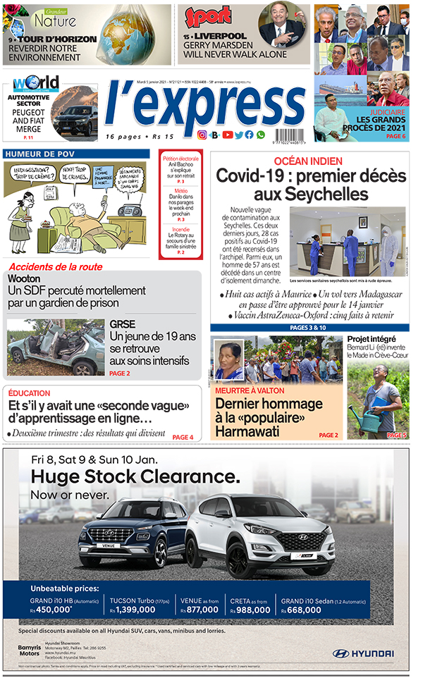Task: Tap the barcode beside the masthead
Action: (x=294, y=135)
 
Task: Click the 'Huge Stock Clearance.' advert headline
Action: (x=135, y=477)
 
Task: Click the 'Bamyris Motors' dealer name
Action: (x=29, y=651)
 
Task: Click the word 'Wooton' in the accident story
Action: (x=24, y=278)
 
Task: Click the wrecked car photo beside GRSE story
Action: (x=55, y=347)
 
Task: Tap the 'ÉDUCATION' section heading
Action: (x=30, y=393)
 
